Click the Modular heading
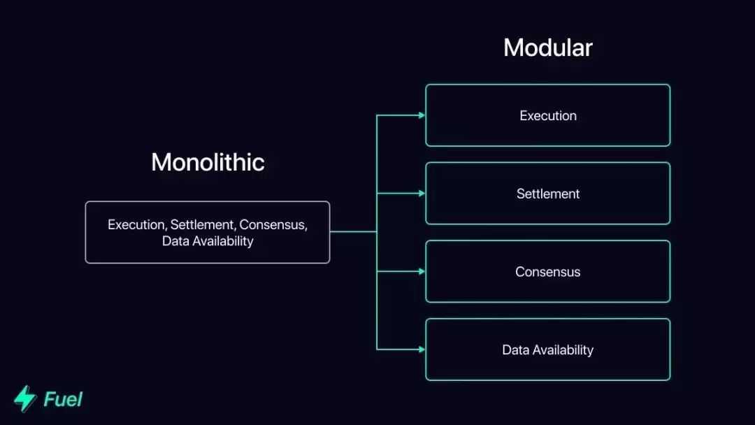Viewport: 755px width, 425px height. point(548,48)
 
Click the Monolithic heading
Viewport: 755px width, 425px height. point(208,162)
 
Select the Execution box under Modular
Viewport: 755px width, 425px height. point(548,115)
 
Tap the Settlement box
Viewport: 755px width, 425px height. point(548,194)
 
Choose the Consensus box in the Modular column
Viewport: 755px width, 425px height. point(548,272)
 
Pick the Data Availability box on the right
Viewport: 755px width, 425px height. point(548,350)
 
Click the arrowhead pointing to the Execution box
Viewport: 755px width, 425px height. point(422,115)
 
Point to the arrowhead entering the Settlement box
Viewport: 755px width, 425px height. point(422,194)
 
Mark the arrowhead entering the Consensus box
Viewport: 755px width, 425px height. point(422,271)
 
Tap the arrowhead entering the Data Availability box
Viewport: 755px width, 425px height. point(422,349)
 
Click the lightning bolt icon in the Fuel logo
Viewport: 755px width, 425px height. point(25,398)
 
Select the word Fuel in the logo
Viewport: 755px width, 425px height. point(63,399)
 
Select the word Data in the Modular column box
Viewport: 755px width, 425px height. point(515,350)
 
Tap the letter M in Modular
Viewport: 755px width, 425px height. point(512,48)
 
